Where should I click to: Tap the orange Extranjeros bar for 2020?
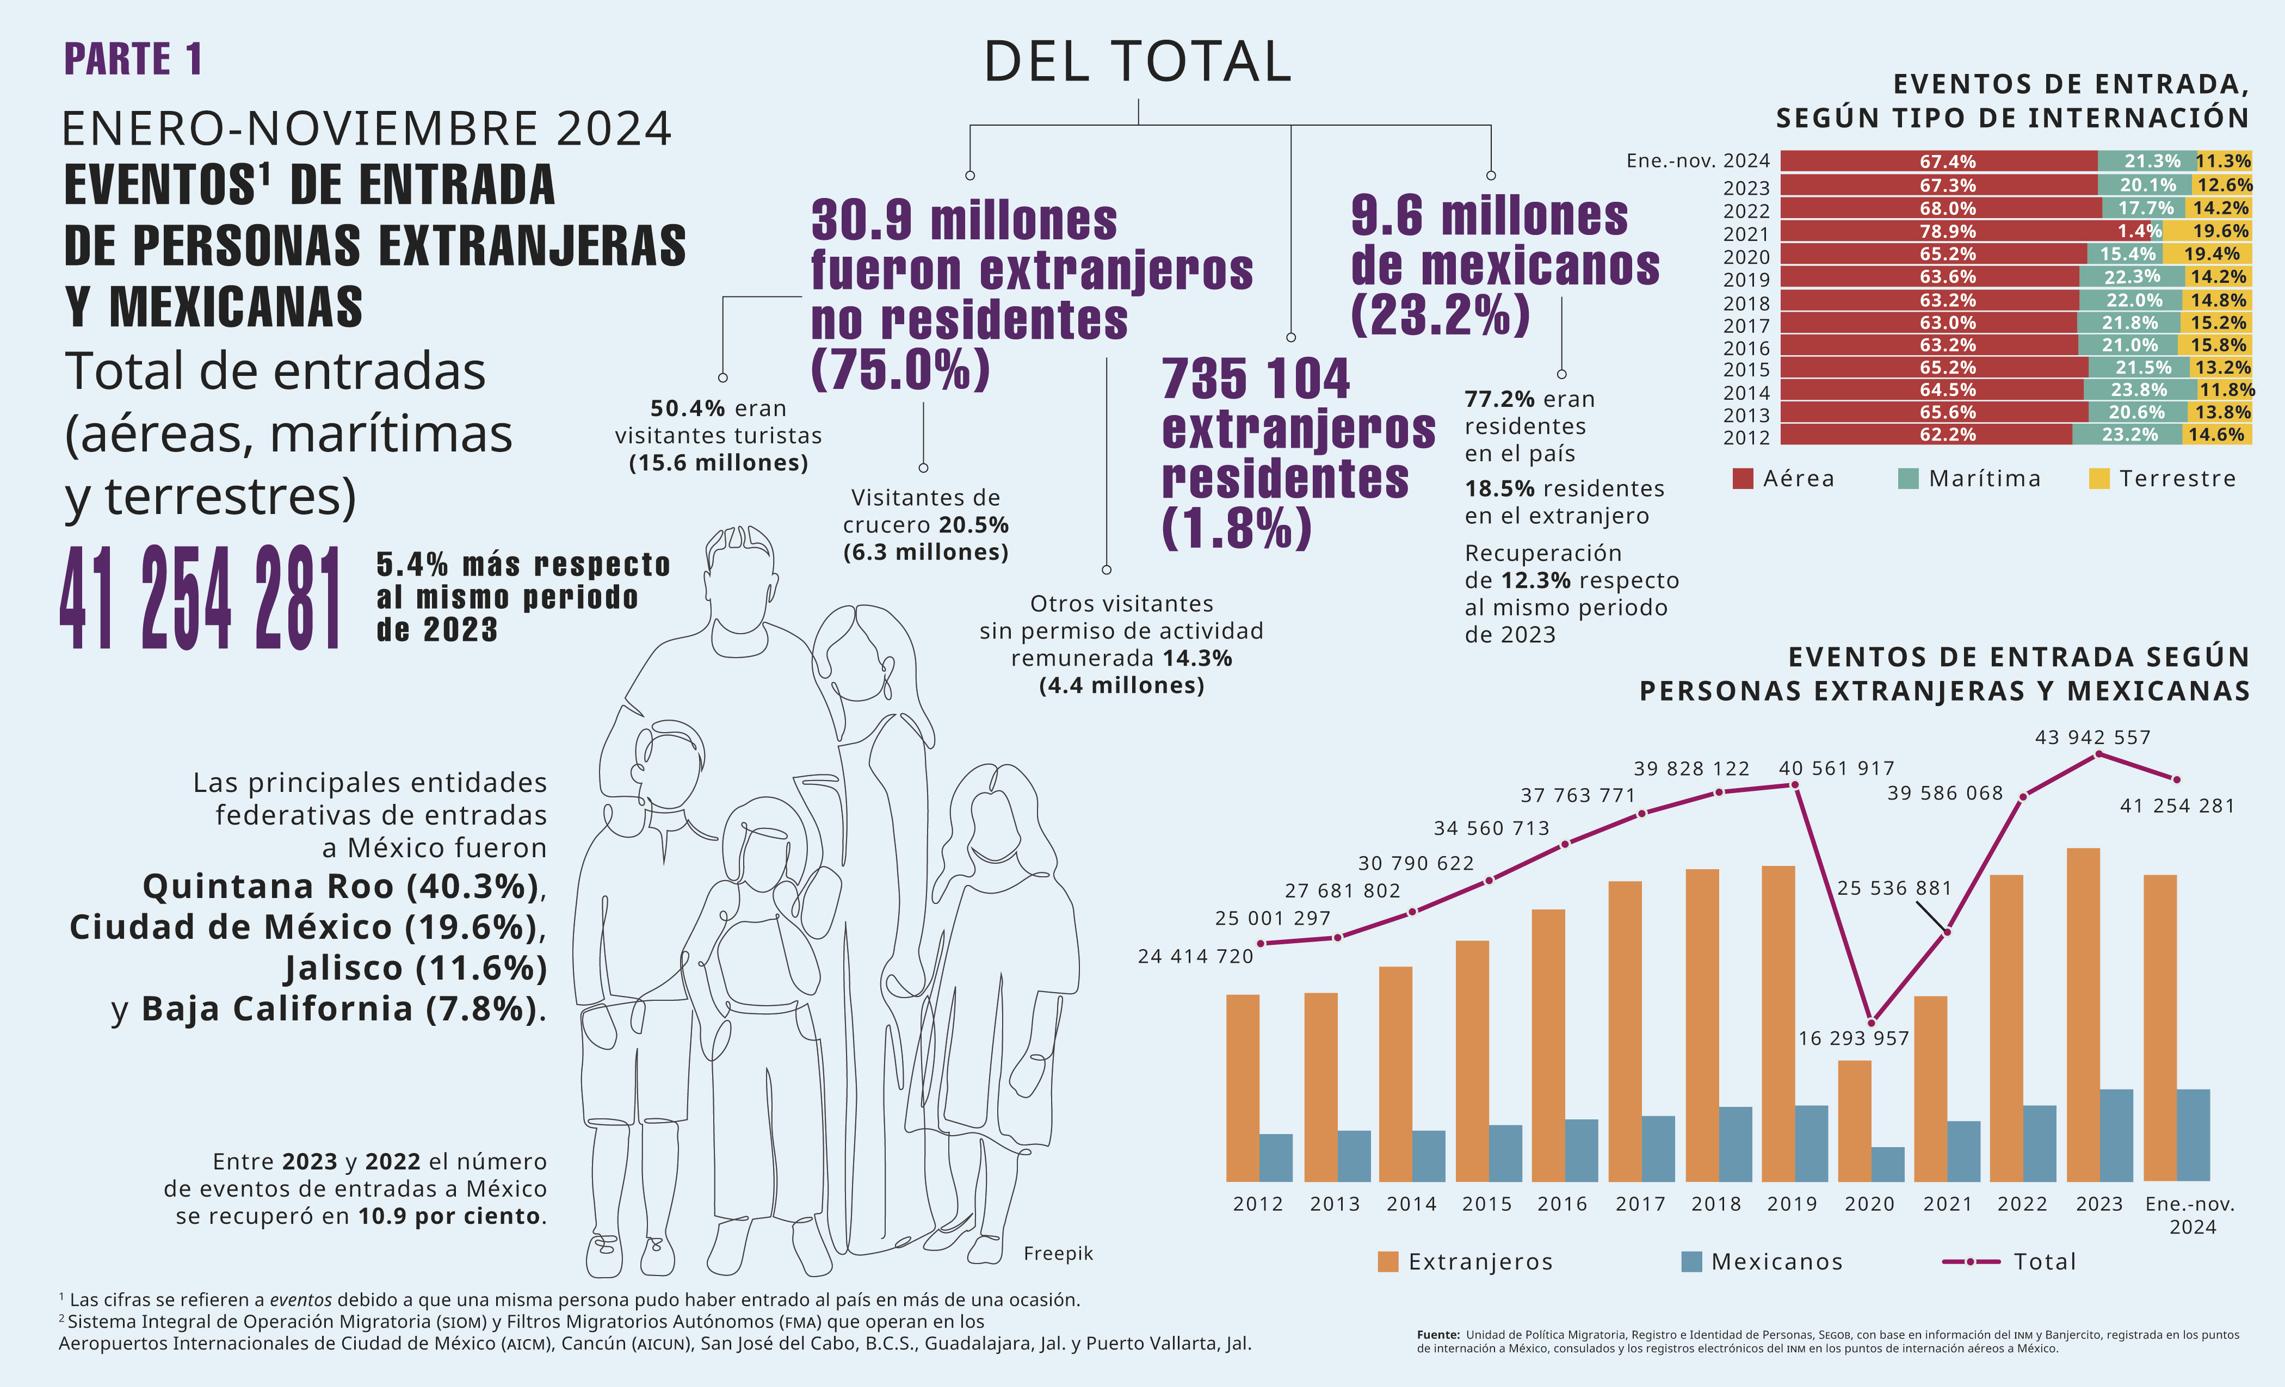point(1854,1120)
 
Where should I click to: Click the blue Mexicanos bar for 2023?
point(2116,1135)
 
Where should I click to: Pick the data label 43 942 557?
point(2092,737)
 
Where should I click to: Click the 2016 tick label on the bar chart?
point(1563,1203)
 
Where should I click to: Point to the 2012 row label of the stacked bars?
point(1746,437)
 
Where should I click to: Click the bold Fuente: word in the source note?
point(1438,1335)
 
